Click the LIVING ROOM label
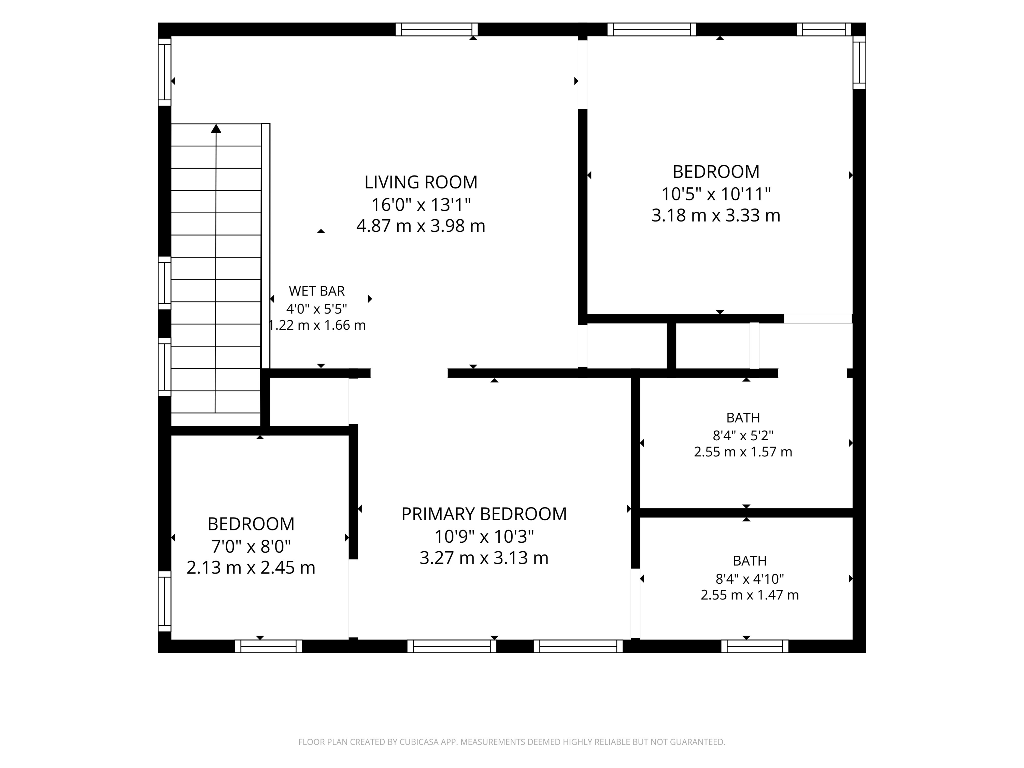(421, 182)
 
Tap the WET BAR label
(317, 291)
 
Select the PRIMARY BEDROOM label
(484, 514)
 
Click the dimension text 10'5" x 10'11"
(716, 194)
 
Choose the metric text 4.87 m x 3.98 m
(421, 226)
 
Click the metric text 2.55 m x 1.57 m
(743, 452)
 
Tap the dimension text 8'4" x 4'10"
(750, 579)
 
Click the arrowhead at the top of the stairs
(216, 129)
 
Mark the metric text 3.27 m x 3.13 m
(484, 558)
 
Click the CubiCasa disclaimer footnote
(512, 742)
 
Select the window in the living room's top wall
(437, 29)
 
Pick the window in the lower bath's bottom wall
(755, 646)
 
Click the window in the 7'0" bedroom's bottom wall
(269, 646)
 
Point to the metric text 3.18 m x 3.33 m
(716, 215)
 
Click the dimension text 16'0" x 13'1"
(421, 204)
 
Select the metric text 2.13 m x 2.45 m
(251, 568)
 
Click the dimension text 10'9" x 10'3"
(484, 537)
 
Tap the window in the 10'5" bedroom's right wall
(859, 62)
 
